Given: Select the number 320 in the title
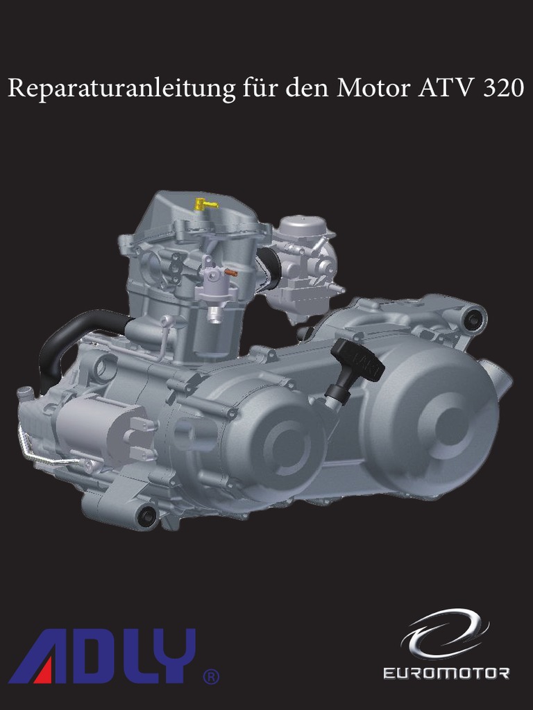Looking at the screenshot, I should click(500, 89).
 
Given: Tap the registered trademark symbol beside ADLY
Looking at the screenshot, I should click(211, 675).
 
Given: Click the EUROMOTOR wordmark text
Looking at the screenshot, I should click(446, 673).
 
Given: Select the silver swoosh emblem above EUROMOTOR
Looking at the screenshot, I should click(445, 634).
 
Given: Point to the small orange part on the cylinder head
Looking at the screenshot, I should click(230, 272).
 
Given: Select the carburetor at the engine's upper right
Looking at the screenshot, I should click(302, 260).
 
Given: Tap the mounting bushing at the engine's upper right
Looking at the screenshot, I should click(473, 318).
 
